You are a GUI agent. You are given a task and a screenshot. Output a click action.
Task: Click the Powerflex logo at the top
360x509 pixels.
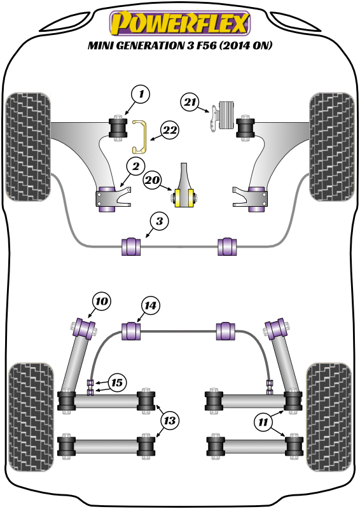(180, 23)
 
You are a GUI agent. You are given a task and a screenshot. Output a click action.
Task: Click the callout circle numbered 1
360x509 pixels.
(141, 94)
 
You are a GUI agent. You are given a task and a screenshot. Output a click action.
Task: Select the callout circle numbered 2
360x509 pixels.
(135, 167)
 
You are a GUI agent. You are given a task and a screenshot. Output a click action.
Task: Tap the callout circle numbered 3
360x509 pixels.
(159, 221)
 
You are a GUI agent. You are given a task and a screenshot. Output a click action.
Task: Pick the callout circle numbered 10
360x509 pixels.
(102, 301)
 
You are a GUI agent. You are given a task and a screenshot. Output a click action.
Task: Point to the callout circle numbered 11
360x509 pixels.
(263, 422)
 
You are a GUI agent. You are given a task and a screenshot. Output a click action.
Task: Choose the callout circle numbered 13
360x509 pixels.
(169, 421)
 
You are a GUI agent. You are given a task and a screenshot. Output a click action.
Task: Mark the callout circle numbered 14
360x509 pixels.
(150, 305)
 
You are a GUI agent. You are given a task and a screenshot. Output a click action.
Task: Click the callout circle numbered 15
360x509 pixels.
(117, 382)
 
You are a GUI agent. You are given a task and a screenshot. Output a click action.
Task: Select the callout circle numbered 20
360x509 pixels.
(153, 179)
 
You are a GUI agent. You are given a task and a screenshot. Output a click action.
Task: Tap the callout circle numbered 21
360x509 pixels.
(190, 102)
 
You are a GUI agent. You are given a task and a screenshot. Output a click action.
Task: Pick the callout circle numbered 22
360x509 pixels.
(170, 130)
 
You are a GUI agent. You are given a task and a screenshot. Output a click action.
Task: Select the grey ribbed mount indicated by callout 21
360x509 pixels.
(226, 116)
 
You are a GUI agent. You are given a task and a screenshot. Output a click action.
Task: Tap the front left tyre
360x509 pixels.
(28, 147)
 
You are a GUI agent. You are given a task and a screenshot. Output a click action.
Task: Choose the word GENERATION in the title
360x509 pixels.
(150, 45)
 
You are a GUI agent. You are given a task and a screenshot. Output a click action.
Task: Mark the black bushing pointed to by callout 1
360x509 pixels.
(118, 128)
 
